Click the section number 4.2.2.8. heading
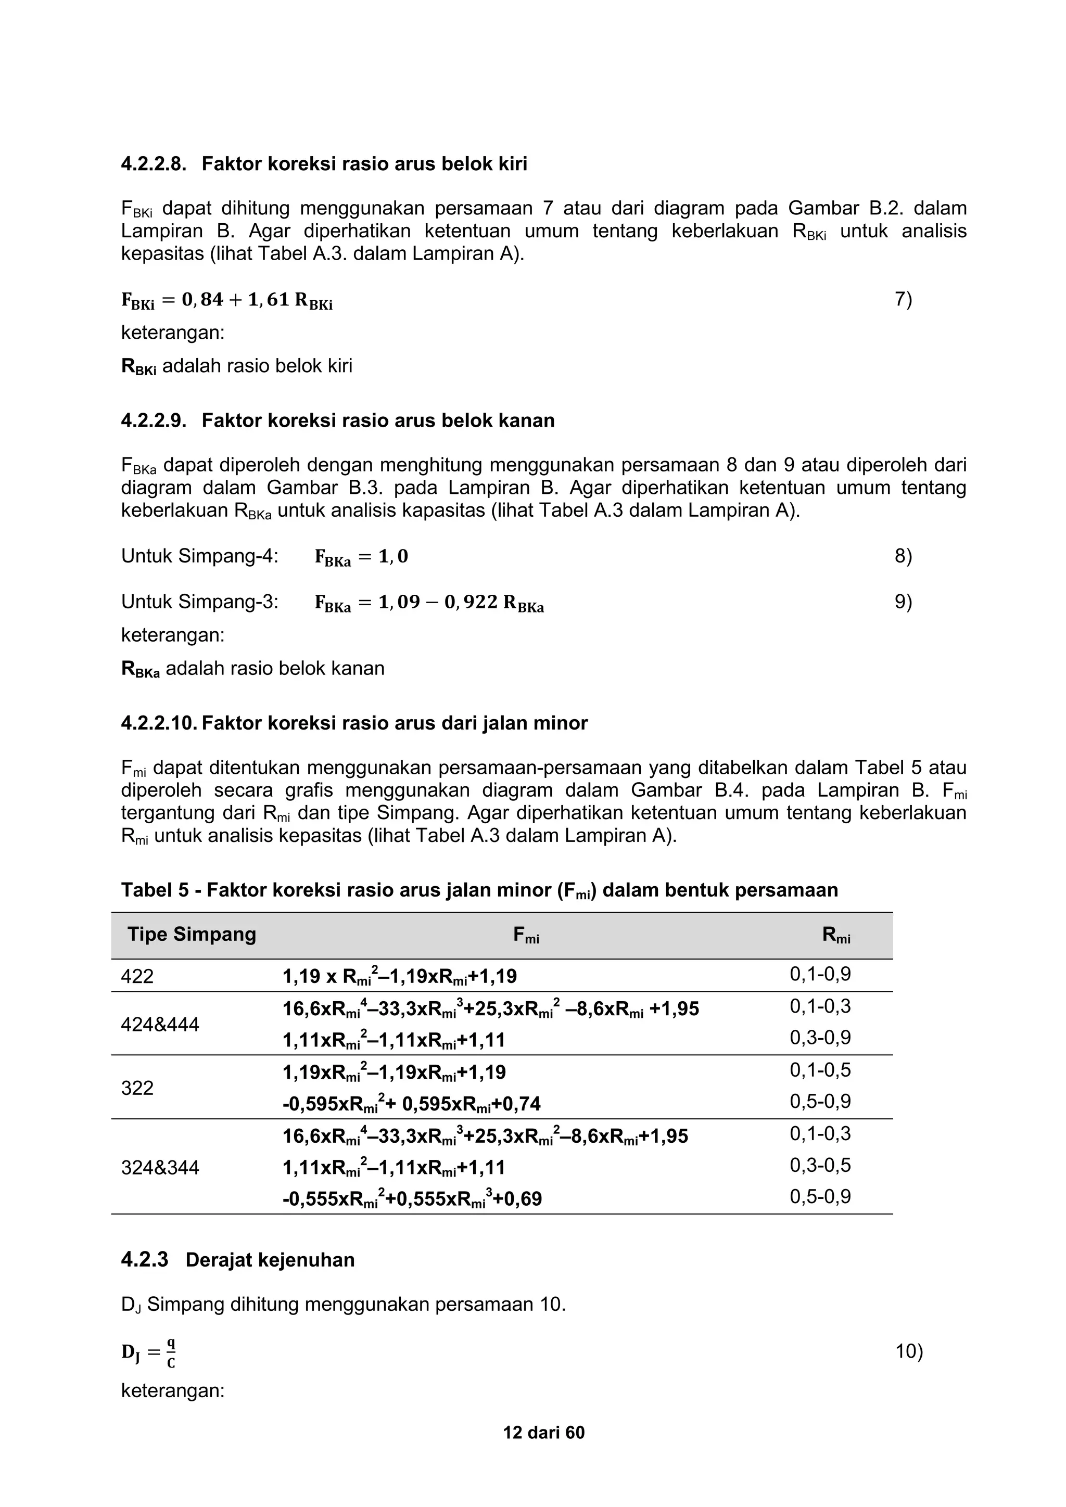(154, 164)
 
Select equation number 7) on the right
(903, 299)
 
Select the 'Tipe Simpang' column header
(192, 934)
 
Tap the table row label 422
(137, 976)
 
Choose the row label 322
(137, 1088)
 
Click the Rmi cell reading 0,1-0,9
(820, 974)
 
